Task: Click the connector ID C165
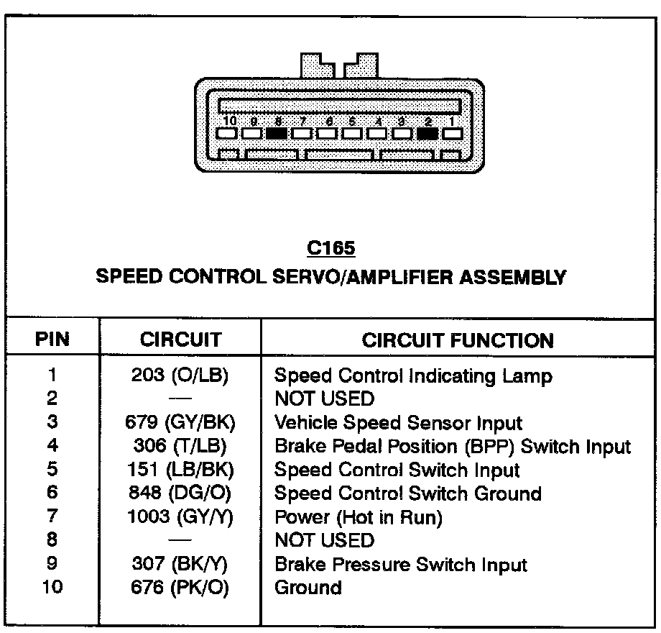point(330,248)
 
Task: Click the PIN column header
point(52,340)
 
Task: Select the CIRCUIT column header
point(180,340)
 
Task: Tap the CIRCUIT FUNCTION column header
point(458,340)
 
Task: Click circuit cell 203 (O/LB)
point(180,375)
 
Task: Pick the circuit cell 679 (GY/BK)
point(180,423)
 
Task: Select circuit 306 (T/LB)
point(180,447)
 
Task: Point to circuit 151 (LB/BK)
point(180,470)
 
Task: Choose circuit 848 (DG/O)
point(180,493)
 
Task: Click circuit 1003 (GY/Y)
point(180,517)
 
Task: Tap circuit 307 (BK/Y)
point(180,565)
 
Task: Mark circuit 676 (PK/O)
point(180,588)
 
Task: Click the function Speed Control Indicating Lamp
point(413,375)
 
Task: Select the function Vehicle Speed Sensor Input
point(399,423)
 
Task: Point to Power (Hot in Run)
point(359,517)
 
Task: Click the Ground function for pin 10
point(308,588)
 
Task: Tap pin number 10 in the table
point(52,588)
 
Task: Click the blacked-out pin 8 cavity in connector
point(277,133)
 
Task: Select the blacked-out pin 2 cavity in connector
point(427,133)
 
